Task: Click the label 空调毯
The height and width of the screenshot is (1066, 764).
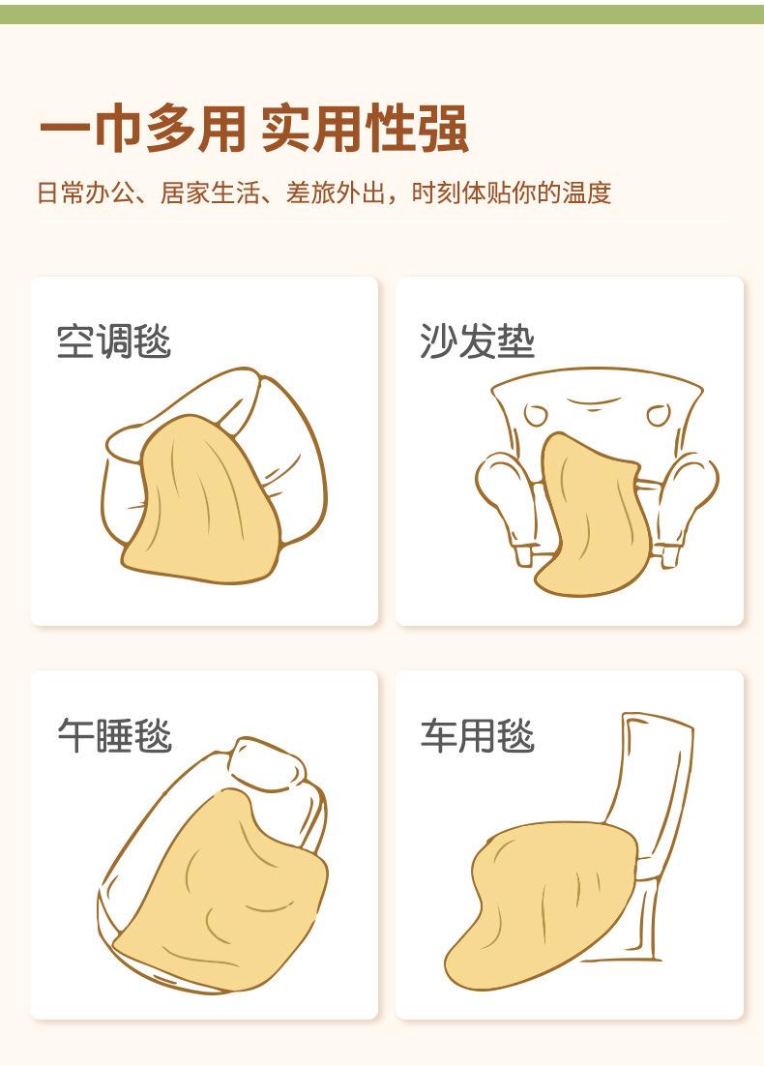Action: point(113,341)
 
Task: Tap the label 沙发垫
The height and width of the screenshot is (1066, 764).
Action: point(477,341)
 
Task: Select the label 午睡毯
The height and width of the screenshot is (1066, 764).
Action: point(114,735)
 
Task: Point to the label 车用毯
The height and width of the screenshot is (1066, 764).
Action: point(477,735)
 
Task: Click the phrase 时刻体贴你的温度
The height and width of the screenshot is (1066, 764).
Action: point(512,193)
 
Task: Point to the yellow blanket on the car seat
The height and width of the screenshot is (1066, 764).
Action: point(541,904)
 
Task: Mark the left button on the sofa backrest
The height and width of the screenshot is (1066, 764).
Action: point(536,414)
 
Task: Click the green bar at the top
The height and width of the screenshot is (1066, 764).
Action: point(382,15)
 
